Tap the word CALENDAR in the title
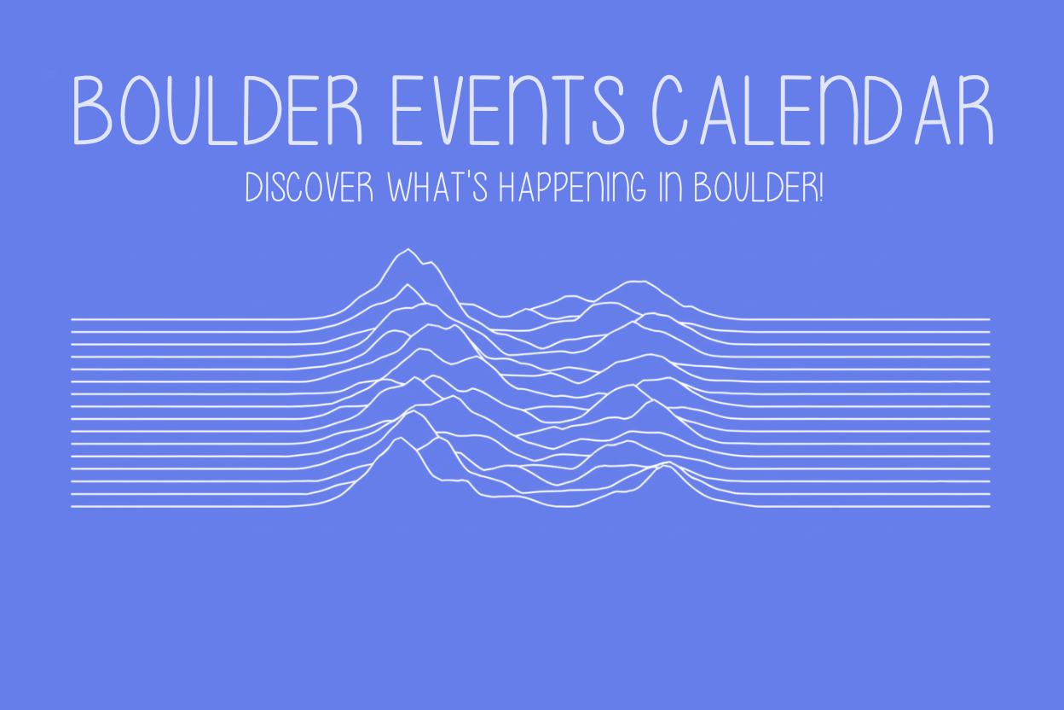coord(824,111)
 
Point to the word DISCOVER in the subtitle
coord(309,189)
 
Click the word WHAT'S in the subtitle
coord(437,189)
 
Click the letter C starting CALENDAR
coord(674,111)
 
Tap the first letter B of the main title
coord(91,111)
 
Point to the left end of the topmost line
coord(72,319)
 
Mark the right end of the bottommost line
coord(989,507)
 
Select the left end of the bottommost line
coord(72,507)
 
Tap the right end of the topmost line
coord(989,319)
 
